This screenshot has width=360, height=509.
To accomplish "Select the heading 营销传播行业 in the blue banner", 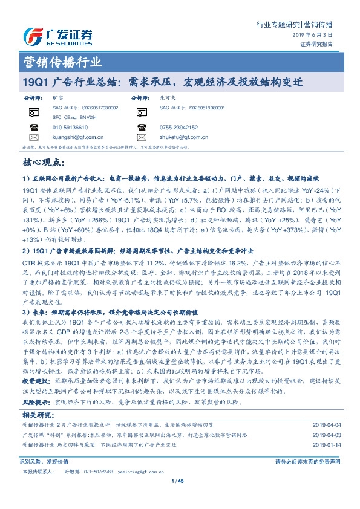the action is (x=62, y=63).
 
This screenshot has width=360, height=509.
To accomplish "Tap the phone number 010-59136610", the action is (x=70, y=128).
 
